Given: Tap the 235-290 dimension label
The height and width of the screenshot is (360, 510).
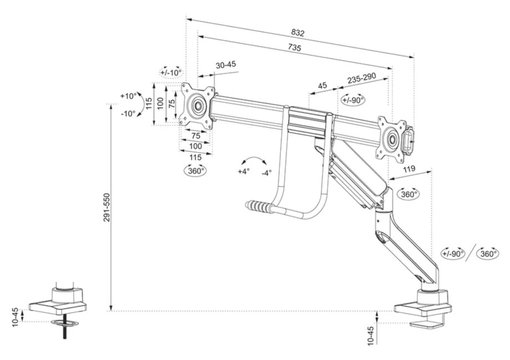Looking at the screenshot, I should (361, 79).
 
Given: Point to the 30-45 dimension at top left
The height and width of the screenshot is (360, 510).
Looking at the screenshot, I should (226, 65).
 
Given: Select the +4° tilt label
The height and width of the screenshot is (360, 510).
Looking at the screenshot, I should (244, 172).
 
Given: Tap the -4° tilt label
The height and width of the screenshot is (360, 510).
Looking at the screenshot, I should (267, 173).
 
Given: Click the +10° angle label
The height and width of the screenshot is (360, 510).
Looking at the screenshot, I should (127, 96).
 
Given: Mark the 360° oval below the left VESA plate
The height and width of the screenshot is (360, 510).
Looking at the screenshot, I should (196, 171).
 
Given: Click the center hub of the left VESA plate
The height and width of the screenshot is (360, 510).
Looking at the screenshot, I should (197, 104).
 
